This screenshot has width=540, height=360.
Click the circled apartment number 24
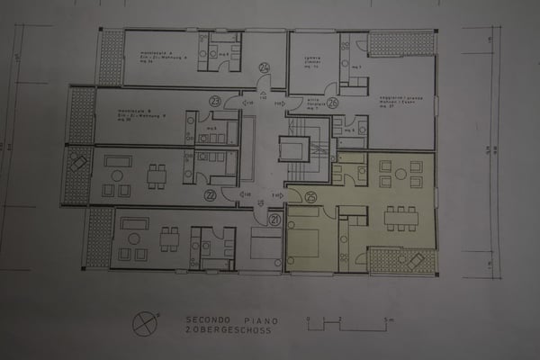click(x=265, y=67)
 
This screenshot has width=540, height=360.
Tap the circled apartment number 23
click(x=214, y=101)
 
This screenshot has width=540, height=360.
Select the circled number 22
click(x=211, y=195)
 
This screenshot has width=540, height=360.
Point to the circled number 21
click(x=274, y=219)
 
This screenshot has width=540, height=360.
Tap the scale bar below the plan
click(x=347, y=322)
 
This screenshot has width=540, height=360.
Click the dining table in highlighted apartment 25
click(x=400, y=218)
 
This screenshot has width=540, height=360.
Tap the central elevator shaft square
click(x=292, y=149)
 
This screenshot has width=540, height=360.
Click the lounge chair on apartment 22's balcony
click(x=80, y=163)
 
